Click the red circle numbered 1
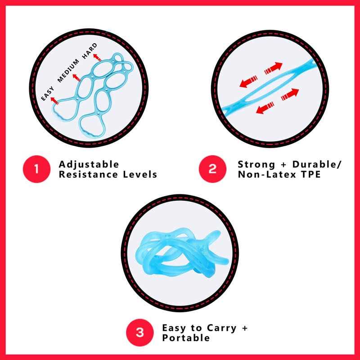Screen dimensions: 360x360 coord(36,169)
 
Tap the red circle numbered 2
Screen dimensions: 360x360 coord(212,169)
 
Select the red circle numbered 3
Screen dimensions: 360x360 coord(140,333)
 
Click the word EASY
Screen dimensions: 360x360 coord(48,94)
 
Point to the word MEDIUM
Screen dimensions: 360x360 coord(68,71)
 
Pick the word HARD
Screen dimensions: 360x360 coord(90,51)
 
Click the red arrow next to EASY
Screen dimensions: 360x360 coord(54,101)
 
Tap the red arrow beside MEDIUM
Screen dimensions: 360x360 coord(76,78)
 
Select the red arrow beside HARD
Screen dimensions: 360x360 coord(97,58)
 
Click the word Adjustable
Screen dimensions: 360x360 coord(89,165)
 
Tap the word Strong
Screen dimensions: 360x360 coord(256,165)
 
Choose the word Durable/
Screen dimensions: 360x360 coord(317,164)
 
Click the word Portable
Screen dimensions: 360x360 coord(186,338)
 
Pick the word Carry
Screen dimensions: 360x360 coord(221,328)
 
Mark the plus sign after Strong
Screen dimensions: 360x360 coord(284,165)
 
